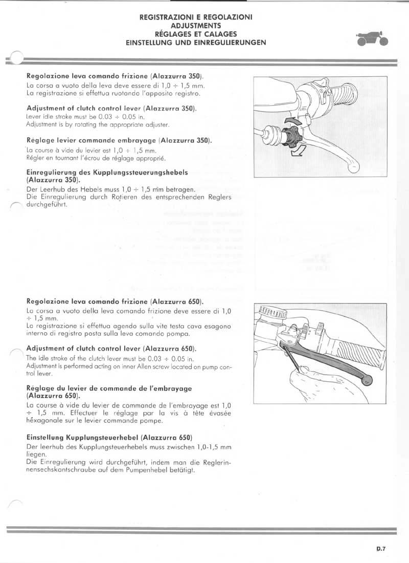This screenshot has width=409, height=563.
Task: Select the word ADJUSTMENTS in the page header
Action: pyautogui.click(x=196, y=25)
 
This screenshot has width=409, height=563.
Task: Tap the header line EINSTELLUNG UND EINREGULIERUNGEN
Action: pyautogui.click(x=196, y=43)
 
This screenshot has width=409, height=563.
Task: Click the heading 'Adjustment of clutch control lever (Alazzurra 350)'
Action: pyautogui.click(x=111, y=109)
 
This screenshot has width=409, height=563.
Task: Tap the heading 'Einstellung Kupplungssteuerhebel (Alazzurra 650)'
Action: pyautogui.click(x=109, y=438)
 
